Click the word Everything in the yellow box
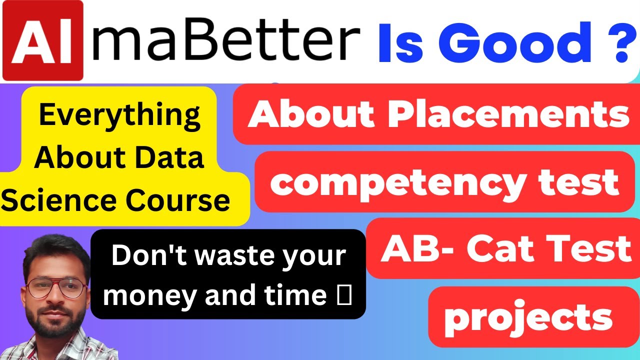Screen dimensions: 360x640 [120, 115]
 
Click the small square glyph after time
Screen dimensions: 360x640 [346, 295]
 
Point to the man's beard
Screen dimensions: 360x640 [52, 325]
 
